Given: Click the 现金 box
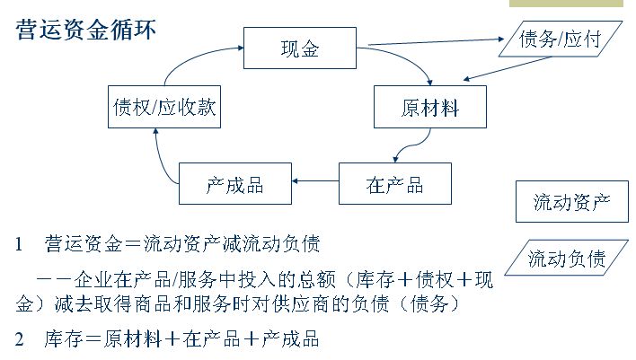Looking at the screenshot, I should [x=299, y=49].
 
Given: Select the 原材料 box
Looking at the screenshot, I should [x=429, y=109].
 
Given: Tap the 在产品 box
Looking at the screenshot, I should [x=394, y=185].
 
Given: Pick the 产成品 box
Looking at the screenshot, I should [x=234, y=185].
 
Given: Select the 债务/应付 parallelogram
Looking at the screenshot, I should [x=559, y=39].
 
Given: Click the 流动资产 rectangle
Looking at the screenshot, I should [x=571, y=201].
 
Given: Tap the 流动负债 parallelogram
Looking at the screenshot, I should [x=567, y=259].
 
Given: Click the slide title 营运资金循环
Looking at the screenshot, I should [x=87, y=31].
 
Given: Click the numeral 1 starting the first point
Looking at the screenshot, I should [x=20, y=244].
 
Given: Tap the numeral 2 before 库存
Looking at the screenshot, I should [x=20, y=339].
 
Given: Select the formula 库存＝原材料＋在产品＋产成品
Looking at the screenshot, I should [x=181, y=339].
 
